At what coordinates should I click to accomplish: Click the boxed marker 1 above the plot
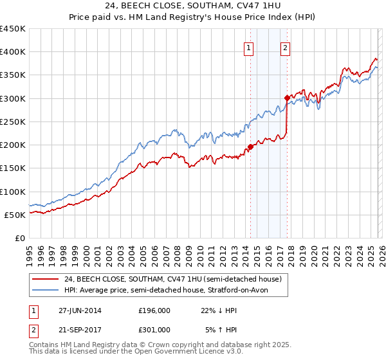click(x=248, y=47)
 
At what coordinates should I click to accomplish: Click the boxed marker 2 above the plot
click(x=285, y=47)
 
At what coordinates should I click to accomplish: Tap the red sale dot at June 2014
click(x=250, y=146)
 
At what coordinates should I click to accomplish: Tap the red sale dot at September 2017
click(x=287, y=98)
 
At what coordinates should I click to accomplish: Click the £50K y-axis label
click(x=15, y=215)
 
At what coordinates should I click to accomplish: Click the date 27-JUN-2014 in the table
click(x=80, y=310)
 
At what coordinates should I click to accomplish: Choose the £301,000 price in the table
click(x=154, y=329)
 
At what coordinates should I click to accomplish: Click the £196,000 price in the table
click(x=154, y=310)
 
